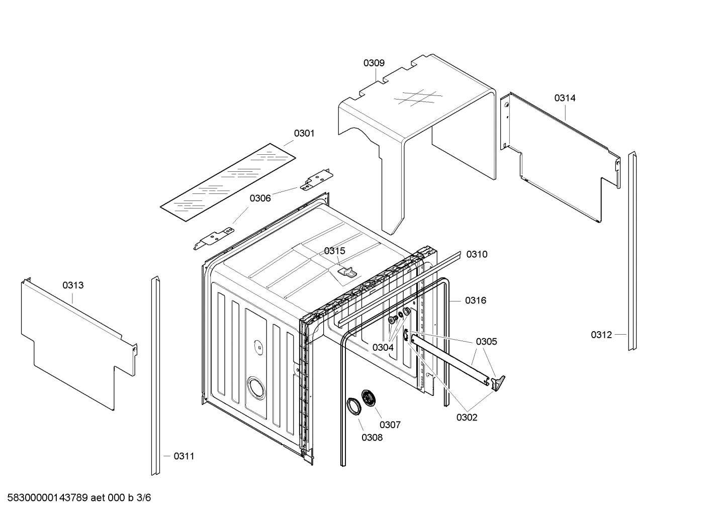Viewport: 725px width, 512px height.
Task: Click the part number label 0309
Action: (374, 63)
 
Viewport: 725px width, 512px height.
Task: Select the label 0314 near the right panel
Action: (565, 98)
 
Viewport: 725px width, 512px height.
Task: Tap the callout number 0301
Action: (304, 134)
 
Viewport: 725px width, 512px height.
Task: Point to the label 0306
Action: (260, 198)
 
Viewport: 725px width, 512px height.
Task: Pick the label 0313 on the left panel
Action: (73, 286)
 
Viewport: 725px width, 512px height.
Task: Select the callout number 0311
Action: (184, 457)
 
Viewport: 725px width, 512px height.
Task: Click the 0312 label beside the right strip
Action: (601, 335)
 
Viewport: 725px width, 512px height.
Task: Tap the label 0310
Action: (477, 255)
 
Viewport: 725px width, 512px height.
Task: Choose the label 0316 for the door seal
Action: (475, 301)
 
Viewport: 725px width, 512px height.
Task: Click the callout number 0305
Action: (486, 342)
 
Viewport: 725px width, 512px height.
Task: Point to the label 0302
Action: (467, 418)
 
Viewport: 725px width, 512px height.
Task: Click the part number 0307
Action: (390, 425)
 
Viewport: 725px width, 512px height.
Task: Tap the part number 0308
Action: (372, 438)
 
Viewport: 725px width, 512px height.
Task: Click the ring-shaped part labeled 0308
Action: (354, 406)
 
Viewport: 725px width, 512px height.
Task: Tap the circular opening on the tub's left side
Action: (255, 388)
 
